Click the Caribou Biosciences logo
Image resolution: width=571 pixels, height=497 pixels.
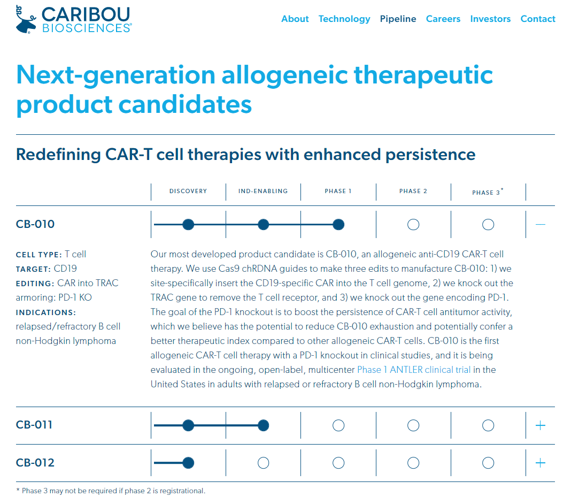click(x=74, y=20)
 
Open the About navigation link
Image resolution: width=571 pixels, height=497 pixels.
click(x=295, y=19)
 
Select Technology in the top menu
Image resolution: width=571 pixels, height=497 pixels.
click(x=344, y=19)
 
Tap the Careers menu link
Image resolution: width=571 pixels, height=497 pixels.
click(x=443, y=19)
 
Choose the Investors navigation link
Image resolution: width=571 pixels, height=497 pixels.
click(x=490, y=19)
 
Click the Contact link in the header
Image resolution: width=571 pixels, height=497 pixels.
click(x=538, y=19)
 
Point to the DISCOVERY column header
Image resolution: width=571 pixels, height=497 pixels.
click(x=188, y=191)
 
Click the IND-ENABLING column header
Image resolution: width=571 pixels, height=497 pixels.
click(x=263, y=191)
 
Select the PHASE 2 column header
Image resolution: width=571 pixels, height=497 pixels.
click(x=413, y=191)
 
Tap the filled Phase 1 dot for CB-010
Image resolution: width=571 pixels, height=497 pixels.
click(x=338, y=225)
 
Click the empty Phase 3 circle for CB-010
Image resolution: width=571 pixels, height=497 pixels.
click(x=488, y=225)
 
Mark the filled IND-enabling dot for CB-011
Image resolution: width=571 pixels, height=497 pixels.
click(x=263, y=425)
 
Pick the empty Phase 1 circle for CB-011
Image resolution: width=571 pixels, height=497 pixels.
click(x=338, y=425)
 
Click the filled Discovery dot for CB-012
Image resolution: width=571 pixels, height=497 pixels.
click(x=188, y=463)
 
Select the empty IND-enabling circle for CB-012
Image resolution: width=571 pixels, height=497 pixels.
click(x=263, y=463)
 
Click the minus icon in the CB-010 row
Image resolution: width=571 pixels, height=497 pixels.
click(x=541, y=225)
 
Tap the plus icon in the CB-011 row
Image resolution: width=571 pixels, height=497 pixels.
click(x=541, y=425)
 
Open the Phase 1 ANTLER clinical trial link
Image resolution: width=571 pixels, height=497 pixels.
click(x=414, y=370)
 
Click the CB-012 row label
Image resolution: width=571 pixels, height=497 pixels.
click(x=35, y=463)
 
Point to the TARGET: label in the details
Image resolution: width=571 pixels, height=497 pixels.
click(x=33, y=269)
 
